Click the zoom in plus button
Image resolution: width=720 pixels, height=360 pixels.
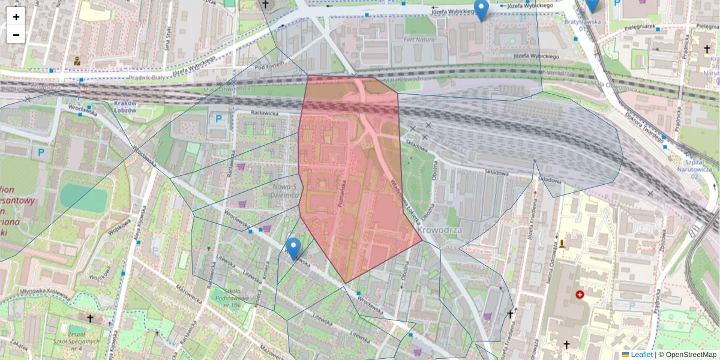pyautogui.click(x=16, y=16)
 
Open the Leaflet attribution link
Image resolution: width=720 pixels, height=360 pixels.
pyautogui.click(x=642, y=355)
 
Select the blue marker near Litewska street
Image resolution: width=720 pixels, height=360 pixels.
pyautogui.click(x=293, y=247)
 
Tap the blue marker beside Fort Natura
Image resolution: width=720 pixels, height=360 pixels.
pyautogui.click(x=481, y=9)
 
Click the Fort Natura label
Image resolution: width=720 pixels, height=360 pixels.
pyautogui.click(x=418, y=40)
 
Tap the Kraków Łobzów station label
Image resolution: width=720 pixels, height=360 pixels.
pyautogui.click(x=125, y=107)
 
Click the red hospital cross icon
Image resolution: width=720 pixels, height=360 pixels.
pyautogui.click(x=580, y=295)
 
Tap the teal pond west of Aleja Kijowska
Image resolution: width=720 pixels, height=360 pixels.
pyautogui.click(x=84, y=197)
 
